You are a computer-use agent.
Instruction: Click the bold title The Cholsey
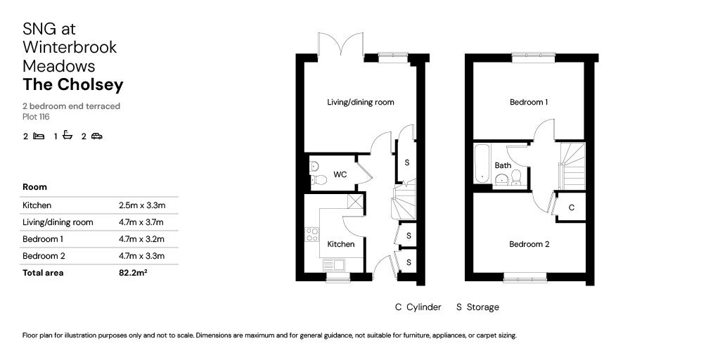click(73, 85)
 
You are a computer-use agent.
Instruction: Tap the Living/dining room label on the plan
click(360, 102)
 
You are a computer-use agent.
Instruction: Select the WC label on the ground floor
click(340, 174)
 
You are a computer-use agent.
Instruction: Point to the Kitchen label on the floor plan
click(341, 245)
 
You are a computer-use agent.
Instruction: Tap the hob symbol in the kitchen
click(311, 234)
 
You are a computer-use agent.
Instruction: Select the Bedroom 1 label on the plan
click(529, 102)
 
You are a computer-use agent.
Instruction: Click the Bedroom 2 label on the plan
click(529, 245)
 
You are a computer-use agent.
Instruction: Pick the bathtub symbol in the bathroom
click(482, 163)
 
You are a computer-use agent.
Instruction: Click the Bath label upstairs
click(503, 166)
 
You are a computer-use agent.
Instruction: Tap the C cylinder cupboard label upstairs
click(571, 208)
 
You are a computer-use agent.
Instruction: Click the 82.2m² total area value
click(134, 273)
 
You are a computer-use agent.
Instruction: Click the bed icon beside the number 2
click(39, 136)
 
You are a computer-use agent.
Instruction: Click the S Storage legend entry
click(477, 307)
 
